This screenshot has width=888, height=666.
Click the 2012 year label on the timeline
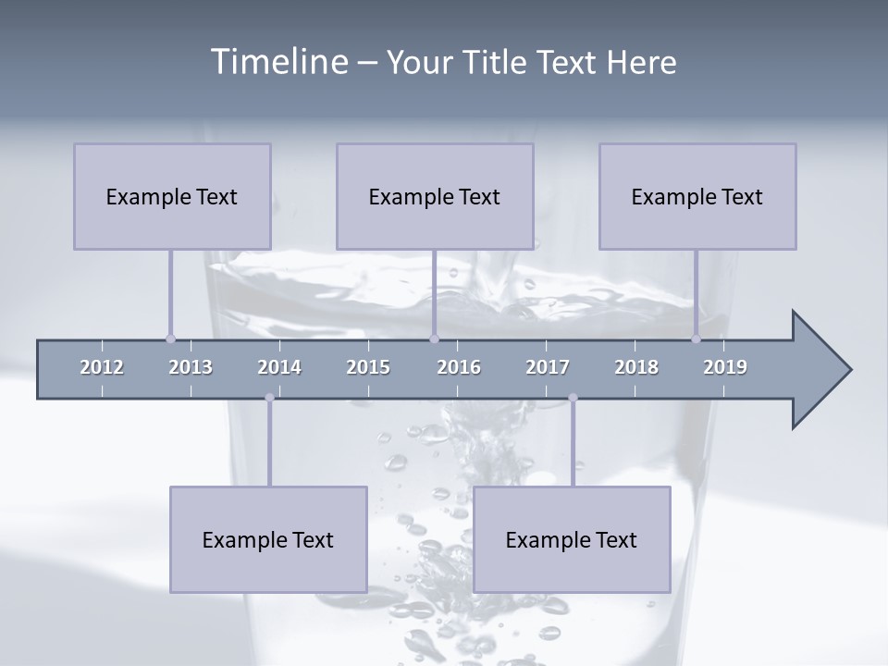pyautogui.click(x=102, y=367)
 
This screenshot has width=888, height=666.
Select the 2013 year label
pyautogui.click(x=191, y=367)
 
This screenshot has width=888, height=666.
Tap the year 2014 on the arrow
pyautogui.click(x=279, y=367)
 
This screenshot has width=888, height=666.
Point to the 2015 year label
pyautogui.click(x=368, y=367)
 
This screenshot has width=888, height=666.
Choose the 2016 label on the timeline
pyautogui.click(x=459, y=367)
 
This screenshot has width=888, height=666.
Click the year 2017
pyautogui.click(x=548, y=367)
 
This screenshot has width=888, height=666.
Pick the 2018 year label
pyautogui.click(x=636, y=367)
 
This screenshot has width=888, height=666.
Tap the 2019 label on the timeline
pyautogui.click(x=725, y=367)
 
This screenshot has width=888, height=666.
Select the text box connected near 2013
pyautogui.click(x=172, y=196)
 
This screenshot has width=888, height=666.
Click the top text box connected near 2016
pyautogui.click(x=435, y=196)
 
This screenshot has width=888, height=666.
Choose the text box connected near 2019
pyautogui.click(x=697, y=196)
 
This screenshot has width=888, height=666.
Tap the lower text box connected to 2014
pyautogui.click(x=268, y=539)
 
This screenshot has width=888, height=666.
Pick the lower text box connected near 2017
pyautogui.click(x=572, y=539)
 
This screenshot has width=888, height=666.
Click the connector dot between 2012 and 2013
pyautogui.click(x=170, y=339)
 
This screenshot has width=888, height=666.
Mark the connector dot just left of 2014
pyautogui.click(x=269, y=398)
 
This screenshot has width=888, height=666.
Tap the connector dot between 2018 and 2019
pyautogui.click(x=697, y=339)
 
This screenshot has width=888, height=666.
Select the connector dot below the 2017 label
pyautogui.click(x=573, y=398)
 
